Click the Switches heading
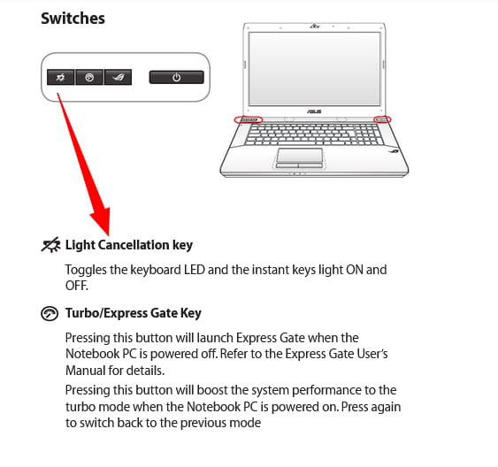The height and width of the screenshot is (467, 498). click(73, 19)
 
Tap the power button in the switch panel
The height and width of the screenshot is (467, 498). click(177, 77)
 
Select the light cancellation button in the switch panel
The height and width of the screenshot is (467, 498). click(60, 77)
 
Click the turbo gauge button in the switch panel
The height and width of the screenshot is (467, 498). click(89, 77)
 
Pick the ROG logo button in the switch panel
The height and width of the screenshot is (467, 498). click(118, 77)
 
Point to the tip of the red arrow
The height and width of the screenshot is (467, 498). click(109, 236)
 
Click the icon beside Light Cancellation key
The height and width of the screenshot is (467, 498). click(50, 245)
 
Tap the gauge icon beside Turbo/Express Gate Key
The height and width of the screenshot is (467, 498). click(50, 314)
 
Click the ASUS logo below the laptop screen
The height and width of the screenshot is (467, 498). click(314, 111)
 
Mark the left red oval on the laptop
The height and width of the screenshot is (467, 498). click(249, 119)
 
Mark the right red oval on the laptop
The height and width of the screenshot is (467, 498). click(382, 119)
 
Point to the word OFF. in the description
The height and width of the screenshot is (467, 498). click(77, 286)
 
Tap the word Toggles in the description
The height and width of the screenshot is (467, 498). click(86, 270)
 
